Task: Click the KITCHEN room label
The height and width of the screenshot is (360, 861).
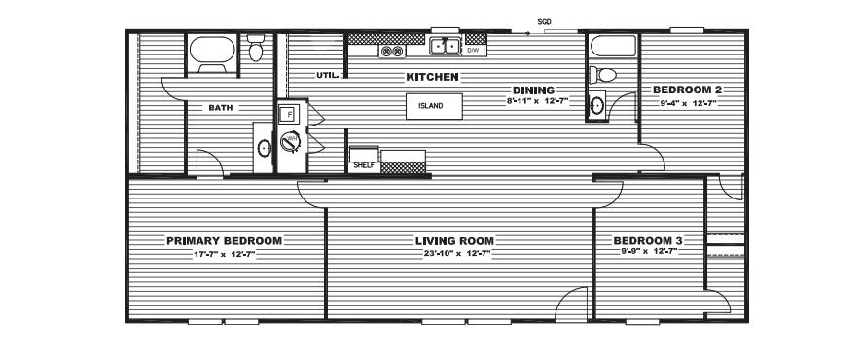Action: [432, 78]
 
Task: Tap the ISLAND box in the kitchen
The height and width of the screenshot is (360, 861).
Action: [434, 106]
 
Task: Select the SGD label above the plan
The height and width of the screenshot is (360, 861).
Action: [544, 22]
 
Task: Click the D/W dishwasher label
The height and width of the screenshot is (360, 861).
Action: [473, 51]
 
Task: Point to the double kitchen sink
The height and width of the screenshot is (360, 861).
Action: [445, 46]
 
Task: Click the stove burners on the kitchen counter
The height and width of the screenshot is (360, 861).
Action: [392, 52]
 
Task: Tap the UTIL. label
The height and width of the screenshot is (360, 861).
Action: [330, 75]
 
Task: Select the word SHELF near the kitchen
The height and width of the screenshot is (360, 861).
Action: [364, 165]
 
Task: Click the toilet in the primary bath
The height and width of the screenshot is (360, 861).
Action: [255, 48]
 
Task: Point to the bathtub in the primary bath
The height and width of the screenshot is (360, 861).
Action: [212, 54]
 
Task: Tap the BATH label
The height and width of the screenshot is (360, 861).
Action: [220, 108]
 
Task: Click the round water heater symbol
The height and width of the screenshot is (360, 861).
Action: [290, 142]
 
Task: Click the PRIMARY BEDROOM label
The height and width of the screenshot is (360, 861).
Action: [225, 241]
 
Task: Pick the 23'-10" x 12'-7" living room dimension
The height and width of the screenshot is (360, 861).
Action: [454, 253]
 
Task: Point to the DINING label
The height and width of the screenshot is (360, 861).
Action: [533, 90]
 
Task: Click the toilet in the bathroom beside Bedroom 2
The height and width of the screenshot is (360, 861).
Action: [602, 75]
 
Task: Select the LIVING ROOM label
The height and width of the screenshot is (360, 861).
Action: [454, 241]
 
